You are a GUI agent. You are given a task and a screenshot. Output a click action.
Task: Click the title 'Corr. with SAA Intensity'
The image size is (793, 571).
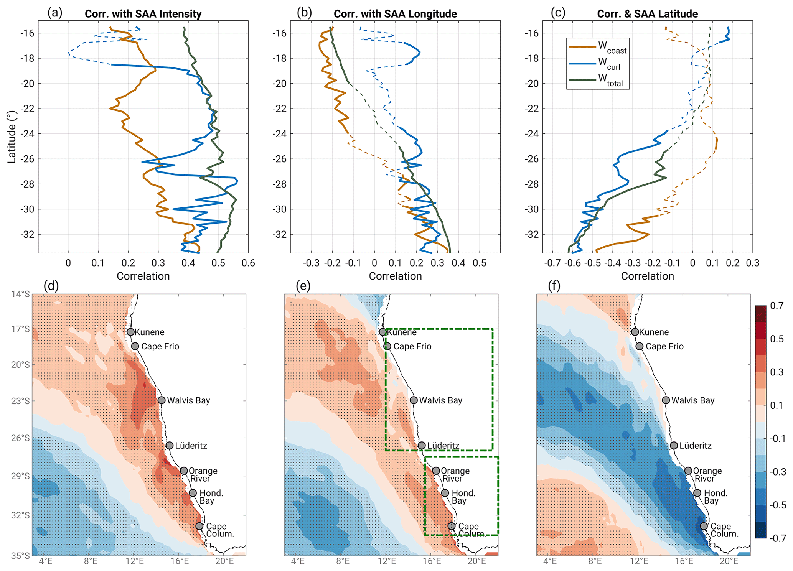click(x=143, y=14)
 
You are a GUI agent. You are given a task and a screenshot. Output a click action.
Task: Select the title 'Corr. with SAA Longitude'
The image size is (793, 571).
click(x=395, y=14)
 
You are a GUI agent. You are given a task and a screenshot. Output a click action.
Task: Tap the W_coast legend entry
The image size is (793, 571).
click(x=612, y=47)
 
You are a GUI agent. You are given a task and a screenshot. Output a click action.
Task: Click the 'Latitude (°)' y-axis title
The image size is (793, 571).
click(x=12, y=137)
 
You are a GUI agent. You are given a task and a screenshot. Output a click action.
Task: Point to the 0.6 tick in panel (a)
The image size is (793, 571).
click(x=248, y=263)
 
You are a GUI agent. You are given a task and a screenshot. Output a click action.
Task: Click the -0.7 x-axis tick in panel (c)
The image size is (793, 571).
click(x=552, y=263)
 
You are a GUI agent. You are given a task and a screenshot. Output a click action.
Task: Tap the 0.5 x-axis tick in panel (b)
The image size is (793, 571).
click(x=480, y=263)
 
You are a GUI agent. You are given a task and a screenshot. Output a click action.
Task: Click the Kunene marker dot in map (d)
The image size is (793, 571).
click(x=130, y=332)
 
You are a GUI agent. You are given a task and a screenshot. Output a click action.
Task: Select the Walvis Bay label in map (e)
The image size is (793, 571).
click(x=440, y=400)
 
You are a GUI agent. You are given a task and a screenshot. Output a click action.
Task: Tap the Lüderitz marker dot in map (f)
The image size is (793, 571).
click(x=674, y=445)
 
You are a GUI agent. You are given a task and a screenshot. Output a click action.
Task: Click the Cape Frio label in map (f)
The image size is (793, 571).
click(x=664, y=346)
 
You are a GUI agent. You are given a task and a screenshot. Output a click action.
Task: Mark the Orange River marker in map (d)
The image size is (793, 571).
click(x=184, y=471)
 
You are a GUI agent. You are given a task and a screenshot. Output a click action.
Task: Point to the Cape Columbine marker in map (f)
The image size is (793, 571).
click(x=704, y=526)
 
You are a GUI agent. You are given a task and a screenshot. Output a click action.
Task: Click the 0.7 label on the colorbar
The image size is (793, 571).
click(x=777, y=306)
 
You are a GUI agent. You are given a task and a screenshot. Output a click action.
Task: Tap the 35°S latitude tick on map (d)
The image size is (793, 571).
click(x=21, y=555)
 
